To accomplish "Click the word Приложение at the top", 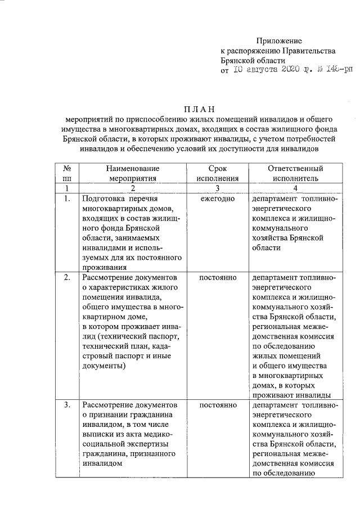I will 280,40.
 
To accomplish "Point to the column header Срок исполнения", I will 217,173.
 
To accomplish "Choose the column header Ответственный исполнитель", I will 295,173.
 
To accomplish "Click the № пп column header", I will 67,173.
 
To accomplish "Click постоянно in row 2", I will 217,277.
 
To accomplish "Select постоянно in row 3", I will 217,404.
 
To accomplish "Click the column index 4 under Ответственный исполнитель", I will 295,188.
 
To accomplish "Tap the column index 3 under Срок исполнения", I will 217,188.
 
